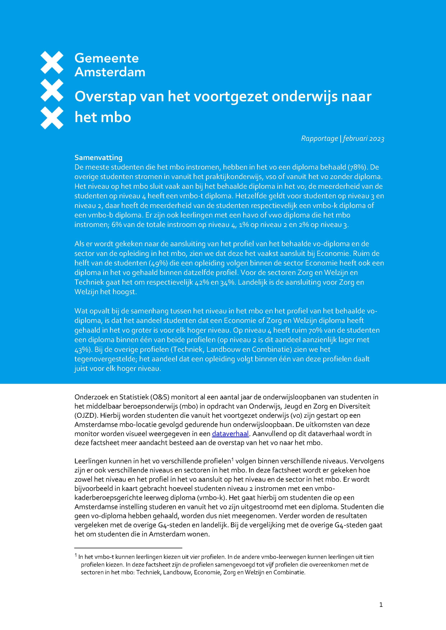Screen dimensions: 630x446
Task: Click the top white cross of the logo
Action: tap(52, 62)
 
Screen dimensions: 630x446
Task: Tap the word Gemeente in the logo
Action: tap(107, 58)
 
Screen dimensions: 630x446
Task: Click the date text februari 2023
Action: tap(363, 139)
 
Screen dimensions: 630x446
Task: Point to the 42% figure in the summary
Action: tap(202, 282)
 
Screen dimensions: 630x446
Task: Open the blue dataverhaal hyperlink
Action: tap(230, 434)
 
